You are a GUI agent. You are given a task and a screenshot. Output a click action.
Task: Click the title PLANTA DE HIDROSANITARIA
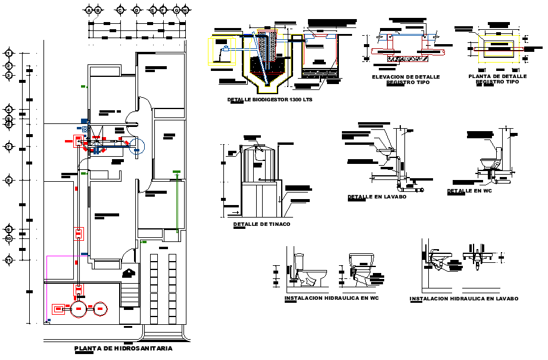123,348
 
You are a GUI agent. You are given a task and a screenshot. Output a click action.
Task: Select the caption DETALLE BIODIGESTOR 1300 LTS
270,100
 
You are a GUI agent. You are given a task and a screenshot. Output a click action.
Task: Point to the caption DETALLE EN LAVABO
377,196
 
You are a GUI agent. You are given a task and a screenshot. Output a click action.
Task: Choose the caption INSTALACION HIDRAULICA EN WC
331,297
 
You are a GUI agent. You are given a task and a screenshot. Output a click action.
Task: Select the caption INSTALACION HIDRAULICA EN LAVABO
463,298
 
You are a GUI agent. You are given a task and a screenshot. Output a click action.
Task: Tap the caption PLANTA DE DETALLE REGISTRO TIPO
497,79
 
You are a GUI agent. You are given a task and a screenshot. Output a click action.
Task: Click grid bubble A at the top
89,10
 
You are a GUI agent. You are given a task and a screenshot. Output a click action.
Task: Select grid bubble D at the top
136,10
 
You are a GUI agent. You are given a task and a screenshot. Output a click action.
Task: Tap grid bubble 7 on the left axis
9,147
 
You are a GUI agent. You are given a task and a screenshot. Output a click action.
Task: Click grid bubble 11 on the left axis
9,260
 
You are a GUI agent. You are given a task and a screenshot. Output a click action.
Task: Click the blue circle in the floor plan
136,146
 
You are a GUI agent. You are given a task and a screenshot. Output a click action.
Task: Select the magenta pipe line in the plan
46,286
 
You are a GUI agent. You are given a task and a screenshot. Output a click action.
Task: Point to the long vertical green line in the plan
177,203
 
